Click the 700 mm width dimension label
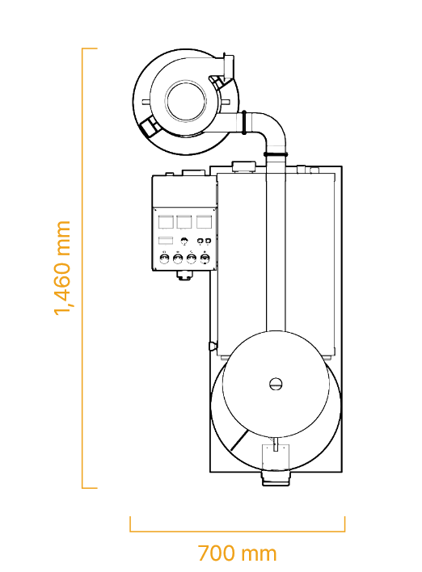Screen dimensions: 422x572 (238, 553)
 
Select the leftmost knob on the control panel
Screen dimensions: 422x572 (164, 259)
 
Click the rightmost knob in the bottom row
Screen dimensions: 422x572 (205, 259)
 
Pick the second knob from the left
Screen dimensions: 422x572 (178, 259)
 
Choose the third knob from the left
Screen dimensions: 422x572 (192, 259)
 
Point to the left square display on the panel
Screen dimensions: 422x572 (166, 222)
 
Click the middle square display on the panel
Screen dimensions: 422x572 (184, 222)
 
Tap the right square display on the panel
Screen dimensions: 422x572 (204, 222)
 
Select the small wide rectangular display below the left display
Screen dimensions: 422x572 (166, 241)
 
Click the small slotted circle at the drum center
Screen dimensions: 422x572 (276, 384)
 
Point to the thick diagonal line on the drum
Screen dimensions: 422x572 (239, 440)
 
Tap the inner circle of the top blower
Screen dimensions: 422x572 (186, 101)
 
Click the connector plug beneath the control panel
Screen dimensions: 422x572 (184, 275)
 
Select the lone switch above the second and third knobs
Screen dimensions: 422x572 (184, 241)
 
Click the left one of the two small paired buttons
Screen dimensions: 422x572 (200, 241)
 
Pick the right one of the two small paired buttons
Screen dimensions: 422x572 (208, 241)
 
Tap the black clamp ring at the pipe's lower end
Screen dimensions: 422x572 (276, 154)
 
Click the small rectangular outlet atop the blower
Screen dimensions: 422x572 (229, 66)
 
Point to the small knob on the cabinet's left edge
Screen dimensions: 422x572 (213, 346)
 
